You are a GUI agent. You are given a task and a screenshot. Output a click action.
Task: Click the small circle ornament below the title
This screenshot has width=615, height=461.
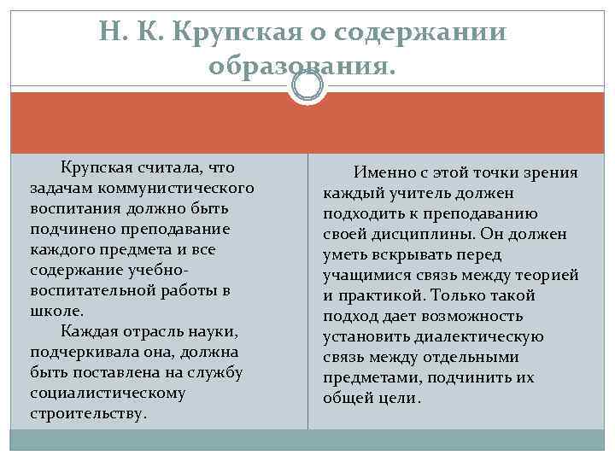click(x=307, y=85)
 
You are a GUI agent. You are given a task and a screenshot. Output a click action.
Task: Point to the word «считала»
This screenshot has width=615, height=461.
click(x=169, y=166)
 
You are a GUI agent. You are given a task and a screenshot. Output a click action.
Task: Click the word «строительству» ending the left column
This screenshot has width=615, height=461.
click(x=86, y=413)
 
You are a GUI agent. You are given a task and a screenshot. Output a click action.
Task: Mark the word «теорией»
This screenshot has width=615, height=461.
click(x=546, y=275)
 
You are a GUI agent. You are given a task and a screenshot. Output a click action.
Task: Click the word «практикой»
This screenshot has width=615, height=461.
click(x=382, y=295)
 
